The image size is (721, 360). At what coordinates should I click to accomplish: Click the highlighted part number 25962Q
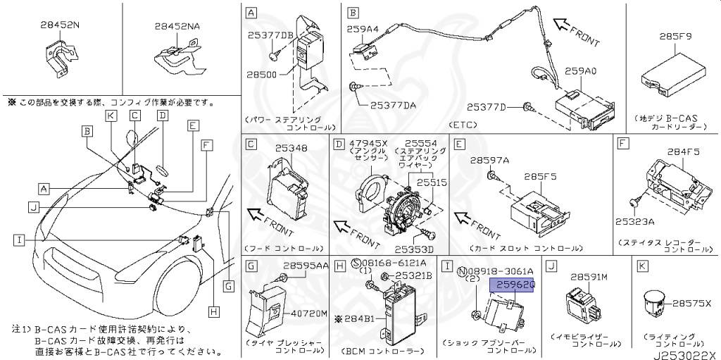pyautogui.click(x=516, y=285)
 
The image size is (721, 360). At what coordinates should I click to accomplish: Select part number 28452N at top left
pyautogui.click(x=59, y=25)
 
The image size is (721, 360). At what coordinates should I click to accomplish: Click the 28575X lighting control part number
pyautogui.click(x=691, y=304)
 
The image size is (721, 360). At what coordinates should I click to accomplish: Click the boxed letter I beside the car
pyautogui.click(x=18, y=240)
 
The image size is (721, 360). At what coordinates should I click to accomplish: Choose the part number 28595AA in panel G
pyautogui.click(x=306, y=266)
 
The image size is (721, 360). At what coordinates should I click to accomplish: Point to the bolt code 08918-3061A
pyautogui.click(x=500, y=270)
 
